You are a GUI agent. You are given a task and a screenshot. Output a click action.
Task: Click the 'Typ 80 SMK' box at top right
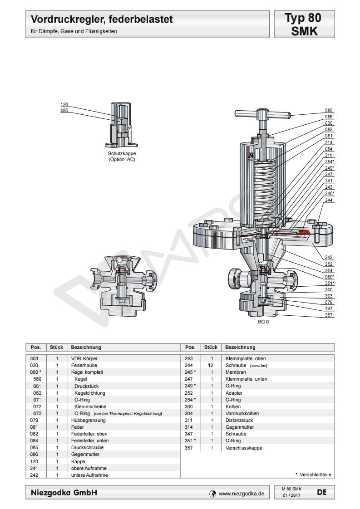303,25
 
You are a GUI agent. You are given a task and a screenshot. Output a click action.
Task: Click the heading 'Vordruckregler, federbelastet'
102,20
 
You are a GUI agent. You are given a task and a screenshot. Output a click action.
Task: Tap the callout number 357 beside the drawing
329,314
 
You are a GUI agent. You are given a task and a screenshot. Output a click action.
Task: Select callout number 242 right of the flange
329,257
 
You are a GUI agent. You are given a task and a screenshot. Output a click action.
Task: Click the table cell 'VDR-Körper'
79,358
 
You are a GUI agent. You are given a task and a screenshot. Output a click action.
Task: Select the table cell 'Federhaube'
80,365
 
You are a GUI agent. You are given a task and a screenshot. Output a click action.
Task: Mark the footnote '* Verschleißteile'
313,475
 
